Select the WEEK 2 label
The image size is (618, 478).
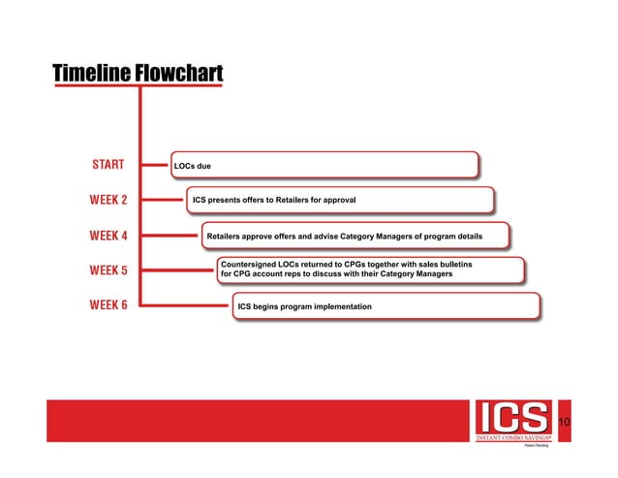(x=108, y=200)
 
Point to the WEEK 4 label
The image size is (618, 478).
(x=108, y=235)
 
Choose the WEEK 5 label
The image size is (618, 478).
(x=108, y=270)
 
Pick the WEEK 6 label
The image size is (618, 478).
(x=108, y=306)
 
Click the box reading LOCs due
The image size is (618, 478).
(x=324, y=166)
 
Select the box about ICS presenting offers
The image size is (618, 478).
(x=339, y=200)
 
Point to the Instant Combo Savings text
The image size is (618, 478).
(x=512, y=439)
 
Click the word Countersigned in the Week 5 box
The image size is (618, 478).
(x=251, y=264)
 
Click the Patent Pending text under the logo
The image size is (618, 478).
(x=537, y=448)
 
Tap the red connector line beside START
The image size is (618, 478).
(x=154, y=166)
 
